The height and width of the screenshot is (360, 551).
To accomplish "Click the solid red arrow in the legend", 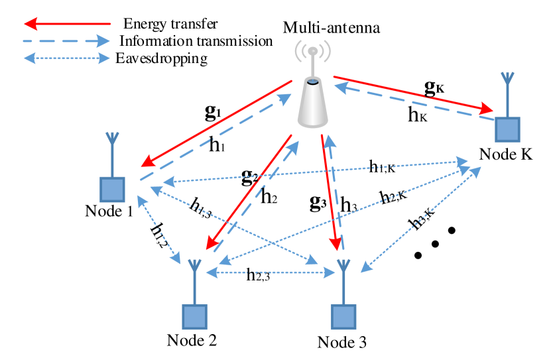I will [67, 25].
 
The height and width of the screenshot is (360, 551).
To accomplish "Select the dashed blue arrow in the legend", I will [66, 41].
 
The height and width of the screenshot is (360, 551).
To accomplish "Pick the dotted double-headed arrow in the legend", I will [66, 58].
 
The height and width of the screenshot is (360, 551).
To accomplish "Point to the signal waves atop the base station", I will [312, 50].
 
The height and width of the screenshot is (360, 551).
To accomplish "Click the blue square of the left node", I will [112, 189].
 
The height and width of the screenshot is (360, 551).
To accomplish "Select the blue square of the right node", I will [507, 129].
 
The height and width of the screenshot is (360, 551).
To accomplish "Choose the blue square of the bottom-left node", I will [194, 316].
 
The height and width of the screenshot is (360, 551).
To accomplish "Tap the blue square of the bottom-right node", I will [343, 316].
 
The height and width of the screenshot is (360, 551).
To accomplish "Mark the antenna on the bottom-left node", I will [194, 278].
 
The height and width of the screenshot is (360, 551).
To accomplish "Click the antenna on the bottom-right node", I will [343, 278].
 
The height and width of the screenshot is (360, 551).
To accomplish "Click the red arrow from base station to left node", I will [216, 123].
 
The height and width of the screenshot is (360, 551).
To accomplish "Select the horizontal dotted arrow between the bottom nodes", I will [270, 272].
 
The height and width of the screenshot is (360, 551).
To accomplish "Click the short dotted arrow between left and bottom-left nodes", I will [158, 229].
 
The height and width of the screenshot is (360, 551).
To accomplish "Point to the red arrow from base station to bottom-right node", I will [330, 192].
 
